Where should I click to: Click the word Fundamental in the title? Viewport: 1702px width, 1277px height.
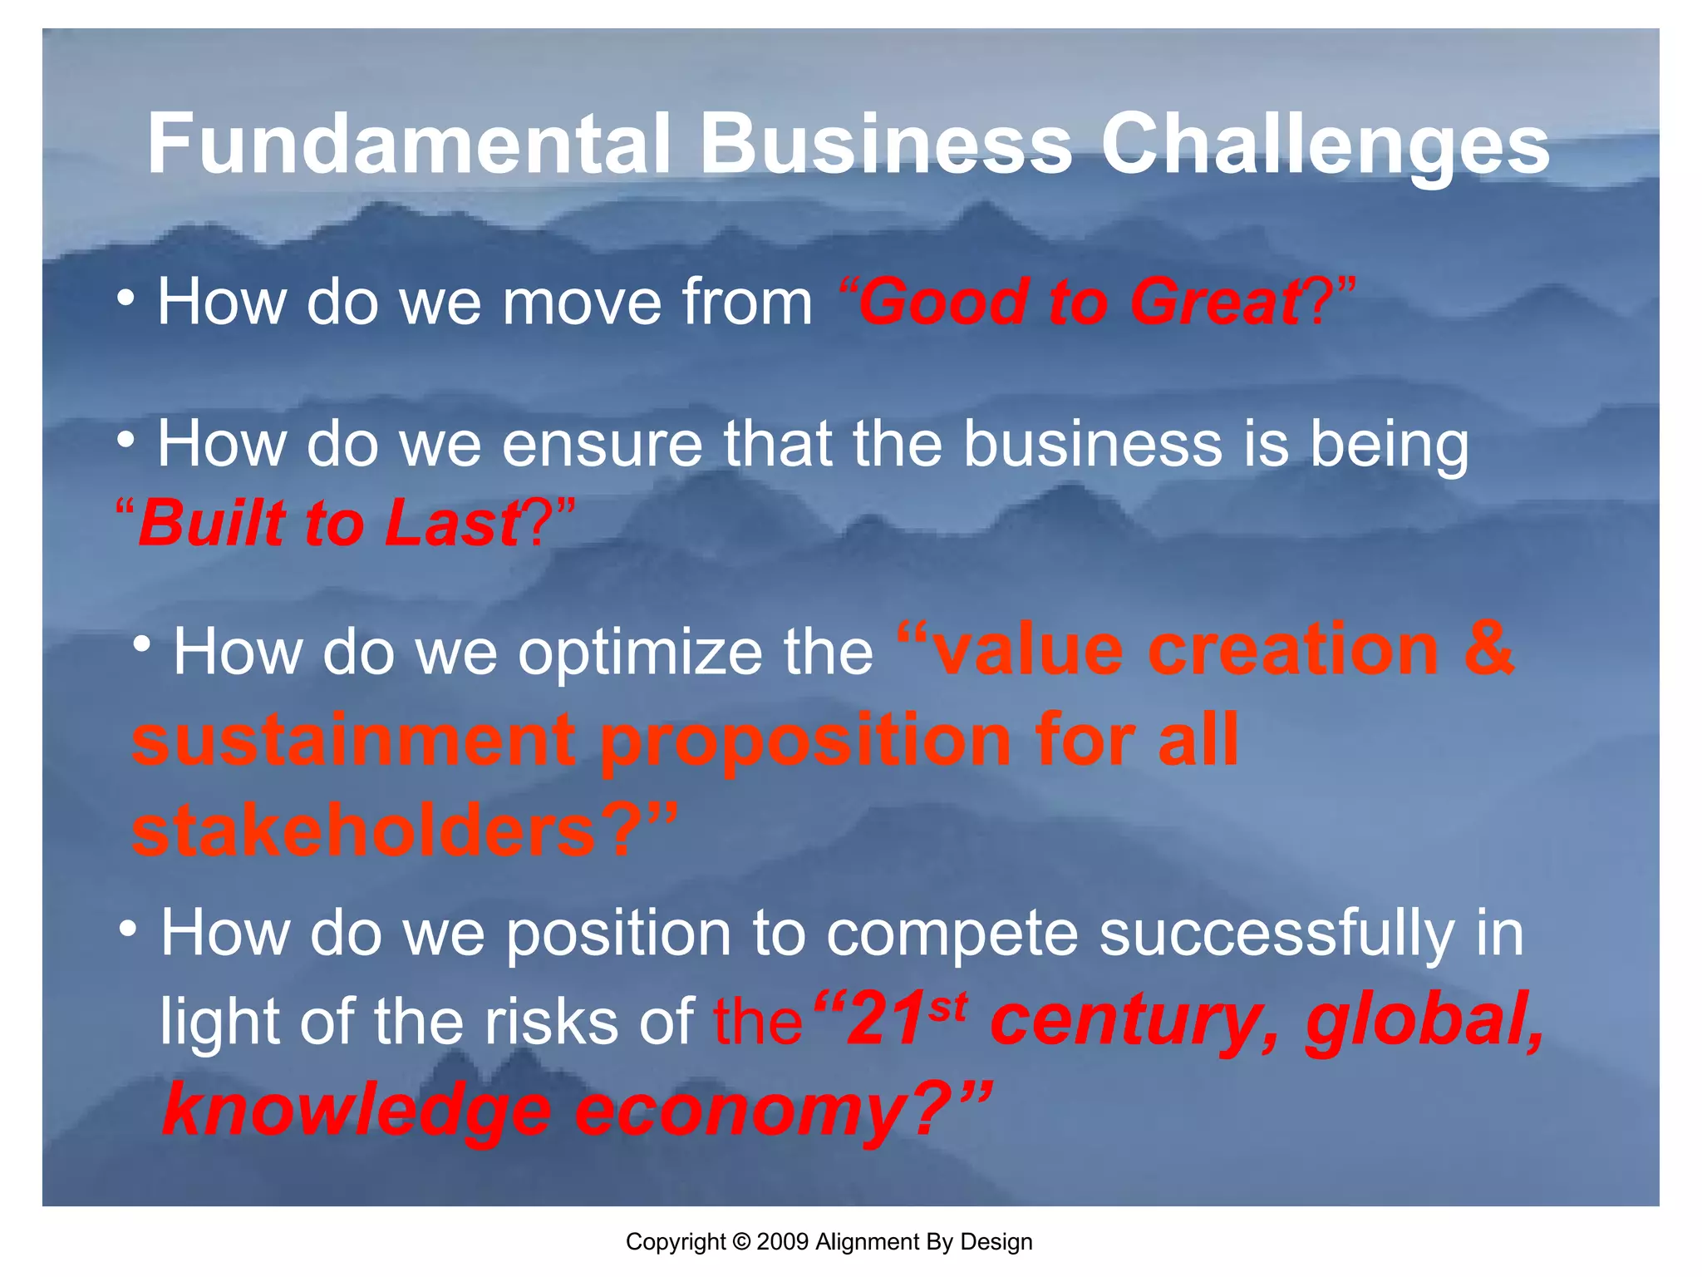407,145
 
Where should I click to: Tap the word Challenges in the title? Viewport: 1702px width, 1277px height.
1325,145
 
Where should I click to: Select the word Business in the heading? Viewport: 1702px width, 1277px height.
886,145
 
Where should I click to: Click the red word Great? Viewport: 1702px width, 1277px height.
1217,302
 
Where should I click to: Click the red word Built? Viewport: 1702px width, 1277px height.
213,524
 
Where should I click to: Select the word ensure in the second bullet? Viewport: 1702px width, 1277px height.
603,444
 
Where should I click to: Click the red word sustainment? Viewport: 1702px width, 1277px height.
353,740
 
